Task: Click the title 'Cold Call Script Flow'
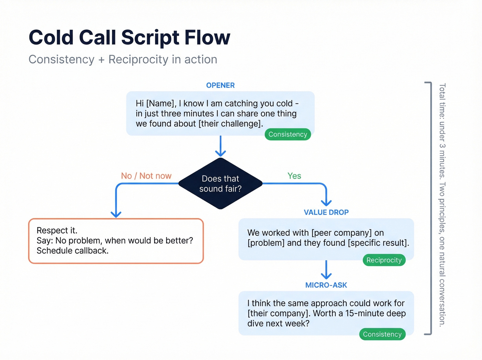(129, 37)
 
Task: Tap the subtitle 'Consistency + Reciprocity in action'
(123, 59)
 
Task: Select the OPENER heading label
(220, 85)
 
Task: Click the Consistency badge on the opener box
(287, 134)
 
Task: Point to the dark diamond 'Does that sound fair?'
(220, 184)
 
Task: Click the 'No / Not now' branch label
(146, 176)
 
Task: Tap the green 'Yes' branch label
(294, 176)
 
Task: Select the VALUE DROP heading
(326, 213)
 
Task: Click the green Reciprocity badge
(384, 260)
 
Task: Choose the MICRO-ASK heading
(326, 285)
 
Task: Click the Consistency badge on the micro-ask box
(382, 334)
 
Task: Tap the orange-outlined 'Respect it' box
(116, 241)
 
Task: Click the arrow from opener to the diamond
(220, 146)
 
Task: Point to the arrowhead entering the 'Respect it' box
(116, 214)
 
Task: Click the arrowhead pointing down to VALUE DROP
(326, 202)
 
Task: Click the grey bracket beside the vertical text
(430, 208)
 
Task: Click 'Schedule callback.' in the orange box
(73, 251)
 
